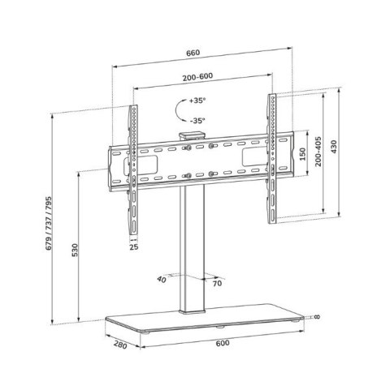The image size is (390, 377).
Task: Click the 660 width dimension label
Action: point(193,54)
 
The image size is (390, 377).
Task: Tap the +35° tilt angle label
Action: point(197,102)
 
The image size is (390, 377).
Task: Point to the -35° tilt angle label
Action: point(197,121)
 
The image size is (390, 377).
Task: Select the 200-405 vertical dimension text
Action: point(318,152)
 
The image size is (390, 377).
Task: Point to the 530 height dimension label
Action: point(75,250)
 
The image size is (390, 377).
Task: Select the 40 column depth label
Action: point(162,279)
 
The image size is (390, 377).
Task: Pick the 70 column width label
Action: point(217,285)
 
